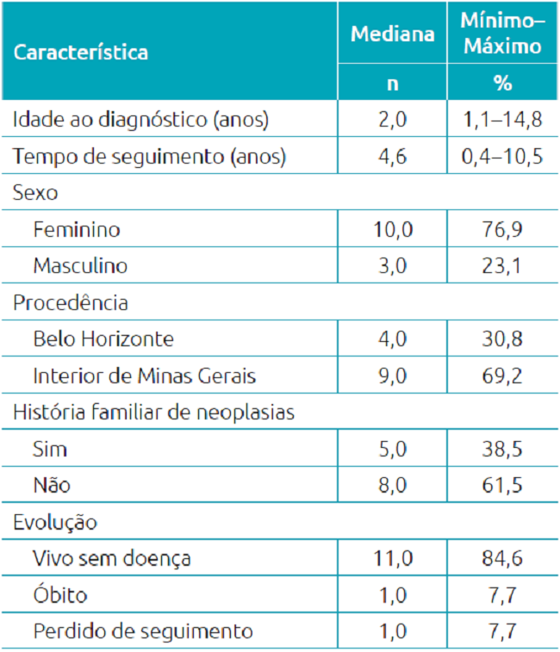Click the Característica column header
80,52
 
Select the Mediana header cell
392,34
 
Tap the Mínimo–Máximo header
502,34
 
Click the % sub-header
502,84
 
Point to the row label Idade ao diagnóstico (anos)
140,120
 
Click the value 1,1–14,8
502,120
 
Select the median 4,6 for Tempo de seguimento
392,157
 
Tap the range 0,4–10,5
502,157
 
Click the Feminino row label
77,230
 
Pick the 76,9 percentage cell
502,230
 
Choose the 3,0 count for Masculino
392,266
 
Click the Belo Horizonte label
103,339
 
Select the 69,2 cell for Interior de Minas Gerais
502,376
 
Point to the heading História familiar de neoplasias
153,413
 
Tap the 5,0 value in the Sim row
392,449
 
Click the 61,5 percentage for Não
502,486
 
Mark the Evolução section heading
54,522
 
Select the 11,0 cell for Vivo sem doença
392,559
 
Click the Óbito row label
60,595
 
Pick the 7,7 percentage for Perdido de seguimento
502,631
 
